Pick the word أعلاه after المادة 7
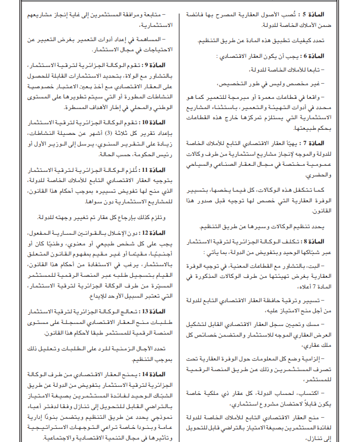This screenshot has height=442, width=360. (x=318, y=286)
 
